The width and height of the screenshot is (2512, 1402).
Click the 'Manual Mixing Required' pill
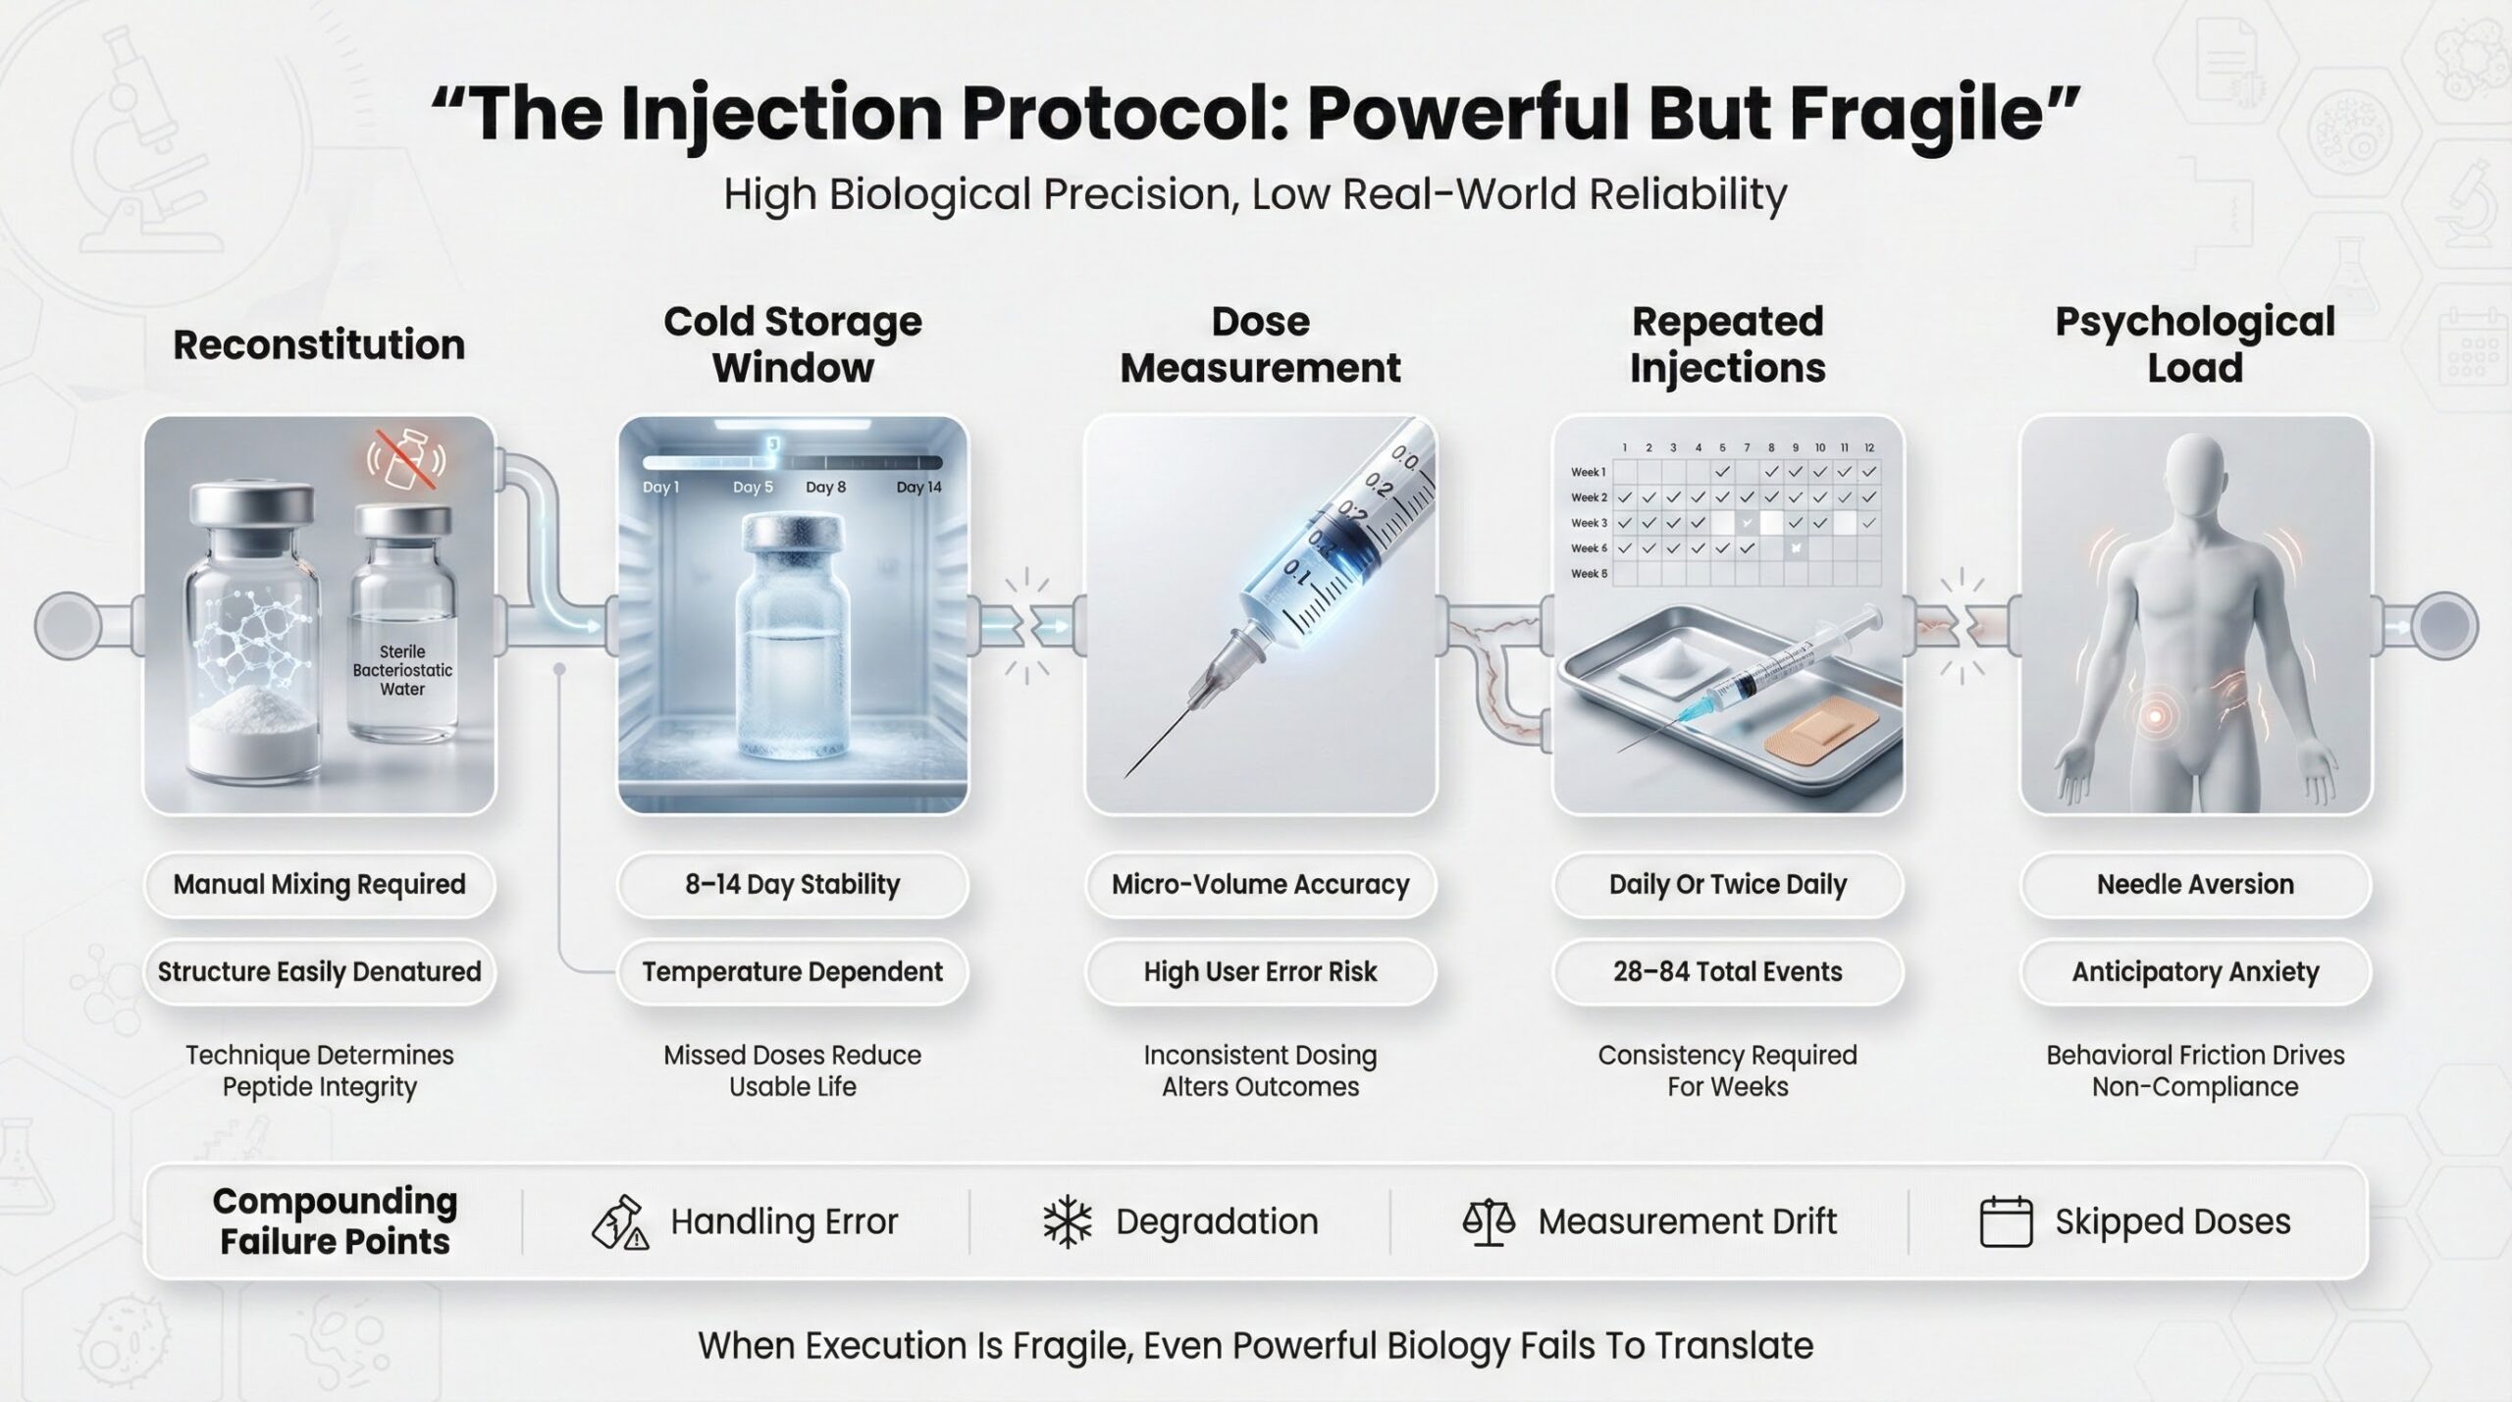[x=320, y=884]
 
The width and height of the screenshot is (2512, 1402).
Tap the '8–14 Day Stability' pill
[x=793, y=884]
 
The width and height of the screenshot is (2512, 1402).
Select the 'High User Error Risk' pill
[x=1261, y=971]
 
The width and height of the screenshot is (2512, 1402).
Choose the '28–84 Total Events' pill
[x=1728, y=971]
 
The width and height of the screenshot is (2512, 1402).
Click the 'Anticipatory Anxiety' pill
[x=2196, y=971]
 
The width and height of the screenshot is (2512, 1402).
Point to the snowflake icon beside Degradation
[x=1068, y=1222]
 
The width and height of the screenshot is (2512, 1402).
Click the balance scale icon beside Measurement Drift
[x=1489, y=1222]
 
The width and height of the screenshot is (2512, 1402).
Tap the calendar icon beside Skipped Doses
[x=2006, y=1222]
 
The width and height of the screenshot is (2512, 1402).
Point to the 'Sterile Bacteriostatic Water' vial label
[x=403, y=670]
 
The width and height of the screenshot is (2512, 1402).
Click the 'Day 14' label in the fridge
[x=918, y=488]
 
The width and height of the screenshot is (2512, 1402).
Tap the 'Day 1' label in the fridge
[x=660, y=488]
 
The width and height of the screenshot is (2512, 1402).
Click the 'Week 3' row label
[x=1589, y=523]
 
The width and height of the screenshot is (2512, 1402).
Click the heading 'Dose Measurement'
[x=1261, y=344]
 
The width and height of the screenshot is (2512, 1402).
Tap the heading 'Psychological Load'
[x=2196, y=344]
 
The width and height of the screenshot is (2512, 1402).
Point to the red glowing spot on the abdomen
[x=2156, y=717]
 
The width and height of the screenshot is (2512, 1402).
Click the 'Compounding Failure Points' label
[x=336, y=1221]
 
